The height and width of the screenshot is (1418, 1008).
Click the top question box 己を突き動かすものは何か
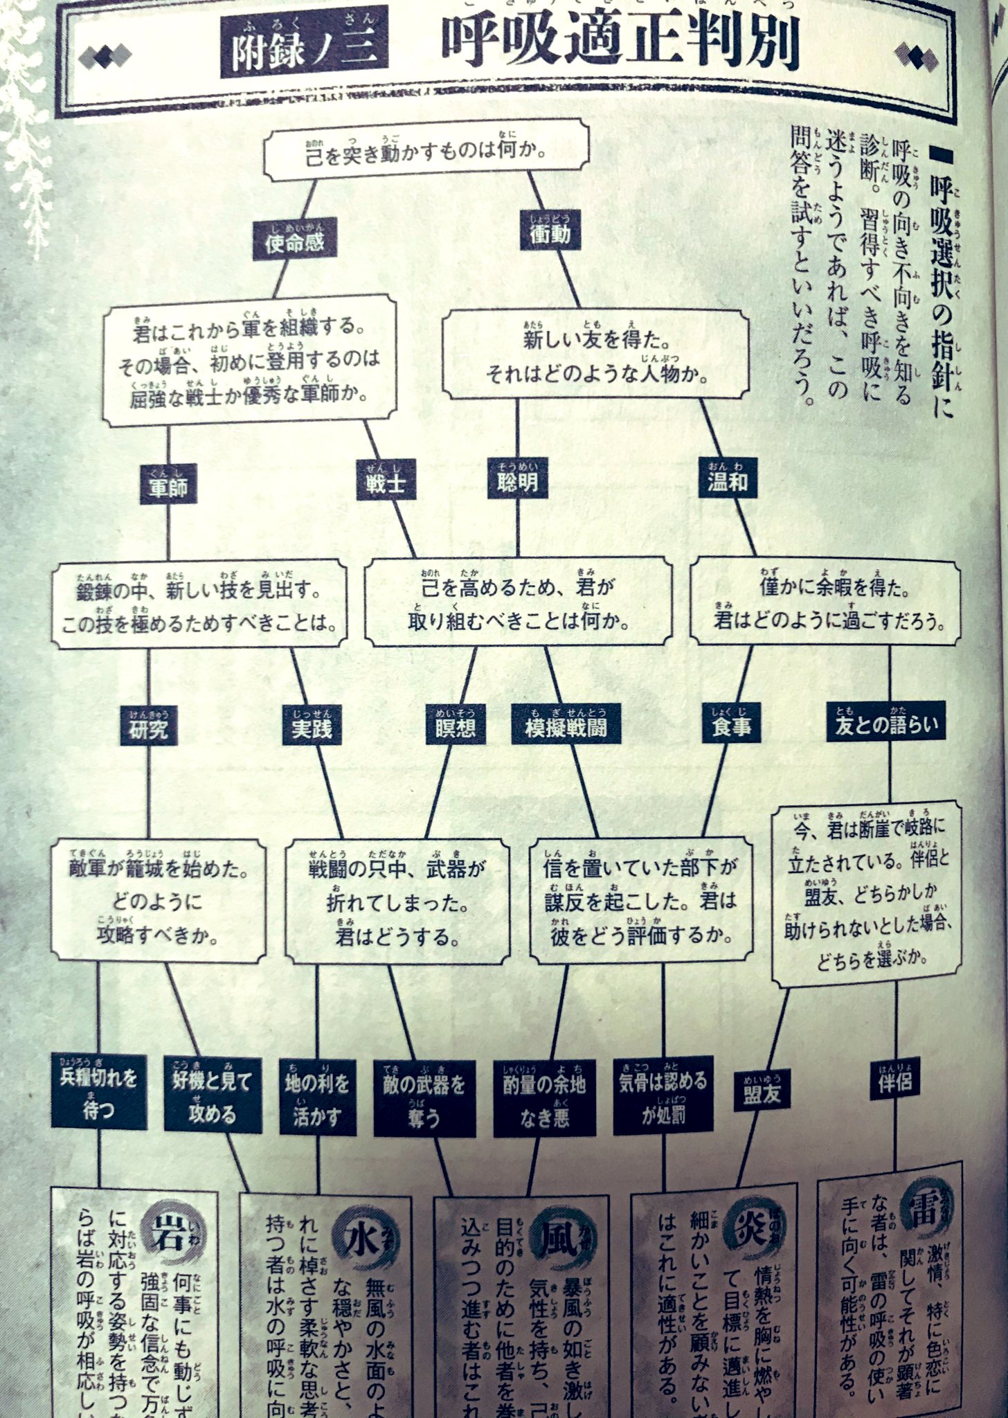click(426, 151)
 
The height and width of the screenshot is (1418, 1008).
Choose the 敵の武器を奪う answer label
click(424, 1098)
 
